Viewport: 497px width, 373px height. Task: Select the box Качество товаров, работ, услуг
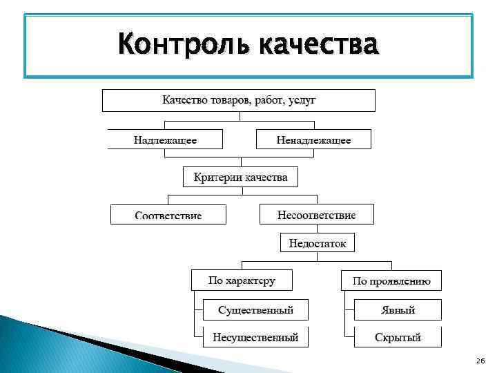[239, 100]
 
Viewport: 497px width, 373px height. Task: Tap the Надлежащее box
[165, 140]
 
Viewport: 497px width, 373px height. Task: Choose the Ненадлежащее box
[313, 140]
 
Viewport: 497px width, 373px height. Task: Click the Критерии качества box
[240, 177]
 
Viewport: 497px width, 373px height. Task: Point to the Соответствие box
[168, 215]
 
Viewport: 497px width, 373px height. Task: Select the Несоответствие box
[316, 215]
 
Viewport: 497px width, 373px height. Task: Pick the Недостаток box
[317, 243]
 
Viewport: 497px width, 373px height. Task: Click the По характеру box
[242, 280]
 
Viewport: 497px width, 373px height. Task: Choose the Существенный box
[255, 310]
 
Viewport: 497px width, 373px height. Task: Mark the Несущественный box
[255, 338]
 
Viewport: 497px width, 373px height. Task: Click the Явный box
[398, 310]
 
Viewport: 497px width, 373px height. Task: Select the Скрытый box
[398, 338]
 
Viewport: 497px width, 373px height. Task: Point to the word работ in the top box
[267, 100]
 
